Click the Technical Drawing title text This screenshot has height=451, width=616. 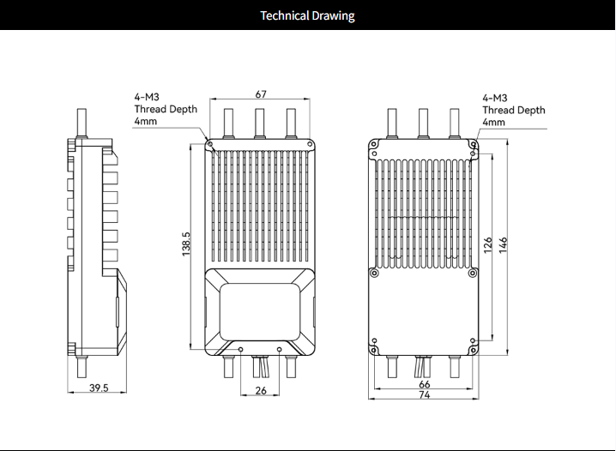pos(308,15)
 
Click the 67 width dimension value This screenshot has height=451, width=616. pos(261,94)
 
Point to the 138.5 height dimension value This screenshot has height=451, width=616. pos(186,244)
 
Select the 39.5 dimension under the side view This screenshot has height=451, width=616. pos(99,388)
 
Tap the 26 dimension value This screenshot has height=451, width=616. pos(261,391)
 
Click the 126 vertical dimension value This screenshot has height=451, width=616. pos(488,245)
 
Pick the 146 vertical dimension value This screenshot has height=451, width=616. pos(504,245)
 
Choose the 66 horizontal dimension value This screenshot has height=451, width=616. pos(425,384)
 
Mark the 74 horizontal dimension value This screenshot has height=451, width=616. pos(425,395)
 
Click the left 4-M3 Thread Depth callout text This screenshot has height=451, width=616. pos(166,109)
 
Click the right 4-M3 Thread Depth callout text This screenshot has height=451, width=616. pos(514,110)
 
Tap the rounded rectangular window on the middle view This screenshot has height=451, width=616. pos(260,312)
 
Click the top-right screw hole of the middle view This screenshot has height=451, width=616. pos(310,144)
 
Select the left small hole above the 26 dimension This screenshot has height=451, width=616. pos(241,349)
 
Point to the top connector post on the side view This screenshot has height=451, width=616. pos(82,123)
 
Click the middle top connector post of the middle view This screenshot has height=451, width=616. pos(260,123)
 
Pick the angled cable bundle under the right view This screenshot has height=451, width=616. pos(422,367)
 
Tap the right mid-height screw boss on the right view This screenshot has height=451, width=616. pos(473,273)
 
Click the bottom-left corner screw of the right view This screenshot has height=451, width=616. pos(374,350)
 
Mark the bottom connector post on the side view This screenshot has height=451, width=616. pos(82,368)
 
